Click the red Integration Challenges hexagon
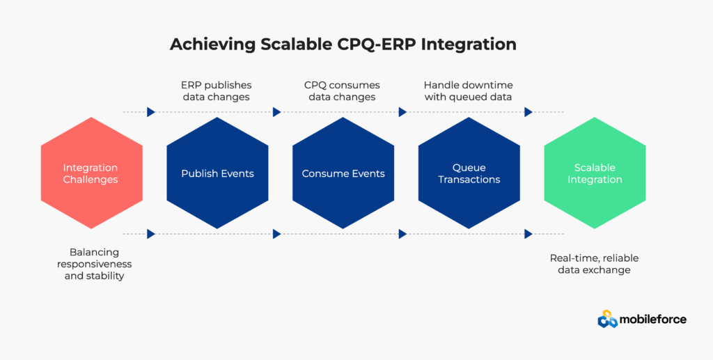coord(91,173)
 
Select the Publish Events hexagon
coord(217,173)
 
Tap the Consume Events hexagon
coord(343,173)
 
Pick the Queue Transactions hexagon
coord(469,173)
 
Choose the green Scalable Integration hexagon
coord(595,173)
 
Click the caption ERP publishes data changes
coord(217,91)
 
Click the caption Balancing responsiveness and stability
coord(95,264)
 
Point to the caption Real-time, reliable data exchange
coord(595,264)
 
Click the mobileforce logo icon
coord(607,319)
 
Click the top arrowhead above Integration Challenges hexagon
coord(151,112)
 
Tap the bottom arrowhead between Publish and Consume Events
coord(277,234)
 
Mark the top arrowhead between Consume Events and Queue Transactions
coord(402,112)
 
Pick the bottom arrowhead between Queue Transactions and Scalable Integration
coord(528,234)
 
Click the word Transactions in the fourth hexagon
coord(469,180)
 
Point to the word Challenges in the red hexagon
coord(91,180)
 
